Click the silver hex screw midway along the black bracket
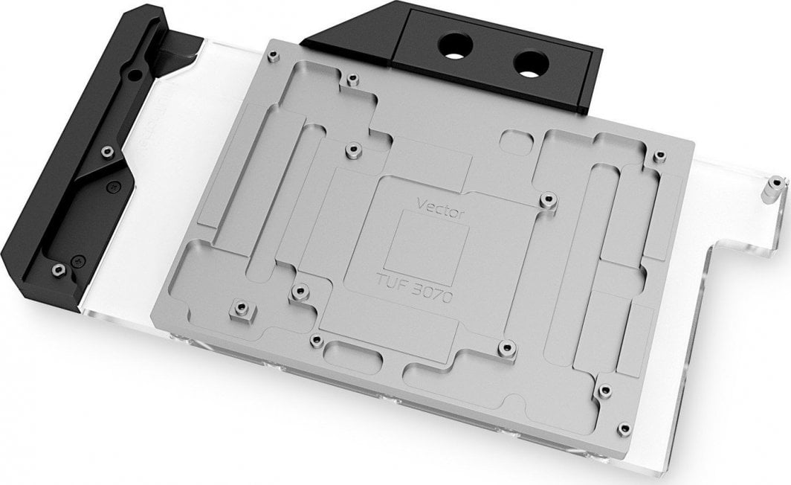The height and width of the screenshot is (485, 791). point(107,152)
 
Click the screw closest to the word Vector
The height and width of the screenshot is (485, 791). point(548,199)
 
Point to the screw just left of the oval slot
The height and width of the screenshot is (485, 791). point(317,340)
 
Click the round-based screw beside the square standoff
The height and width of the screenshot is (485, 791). point(300,290)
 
